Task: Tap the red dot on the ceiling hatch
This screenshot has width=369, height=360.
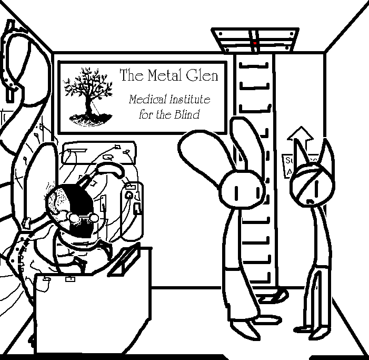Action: click(255, 42)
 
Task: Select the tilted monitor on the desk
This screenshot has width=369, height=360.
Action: click(126, 261)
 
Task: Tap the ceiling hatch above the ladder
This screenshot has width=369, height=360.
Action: click(255, 40)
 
